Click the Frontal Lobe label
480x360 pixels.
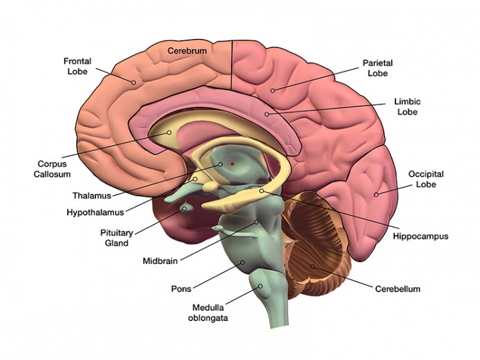pos(77,66)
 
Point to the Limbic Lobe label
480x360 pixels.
pos(407,107)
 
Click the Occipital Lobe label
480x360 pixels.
pos(426,179)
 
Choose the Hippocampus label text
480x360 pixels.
pos(420,236)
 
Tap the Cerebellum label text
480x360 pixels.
pos(397,289)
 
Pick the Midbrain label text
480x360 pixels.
pos(160,260)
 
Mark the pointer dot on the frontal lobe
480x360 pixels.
pos(133,82)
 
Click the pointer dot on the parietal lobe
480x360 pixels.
pos(273,90)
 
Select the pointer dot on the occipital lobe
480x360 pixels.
pos(376,194)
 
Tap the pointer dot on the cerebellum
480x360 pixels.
pos(313,265)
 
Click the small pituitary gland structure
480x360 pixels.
pos(186,208)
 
